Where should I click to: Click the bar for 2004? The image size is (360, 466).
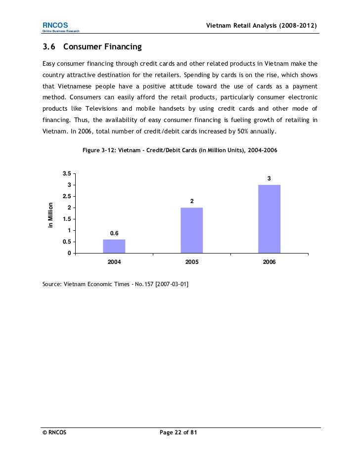click(x=114, y=246)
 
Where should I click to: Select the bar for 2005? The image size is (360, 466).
click(x=192, y=230)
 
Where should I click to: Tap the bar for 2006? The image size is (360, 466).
click(x=269, y=219)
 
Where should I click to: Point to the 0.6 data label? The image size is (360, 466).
click(x=114, y=233)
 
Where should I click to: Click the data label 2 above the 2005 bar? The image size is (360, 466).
click(x=192, y=201)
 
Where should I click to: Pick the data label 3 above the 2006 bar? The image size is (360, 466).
click(x=269, y=178)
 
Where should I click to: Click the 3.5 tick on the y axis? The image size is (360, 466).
click(x=66, y=173)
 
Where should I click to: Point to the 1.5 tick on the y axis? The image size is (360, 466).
click(x=66, y=219)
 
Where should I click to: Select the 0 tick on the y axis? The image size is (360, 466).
click(x=70, y=254)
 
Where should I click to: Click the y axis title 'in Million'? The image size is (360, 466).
click(x=50, y=215)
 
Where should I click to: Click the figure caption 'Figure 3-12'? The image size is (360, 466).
click(x=101, y=150)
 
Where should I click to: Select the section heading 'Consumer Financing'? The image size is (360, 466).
click(x=102, y=47)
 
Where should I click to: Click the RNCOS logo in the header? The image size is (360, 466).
click(x=51, y=25)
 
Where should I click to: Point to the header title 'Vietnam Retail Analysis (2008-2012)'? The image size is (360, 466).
click(x=261, y=25)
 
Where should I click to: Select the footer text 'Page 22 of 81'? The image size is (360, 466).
click(x=179, y=432)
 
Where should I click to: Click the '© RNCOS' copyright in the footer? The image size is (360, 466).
click(x=54, y=432)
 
